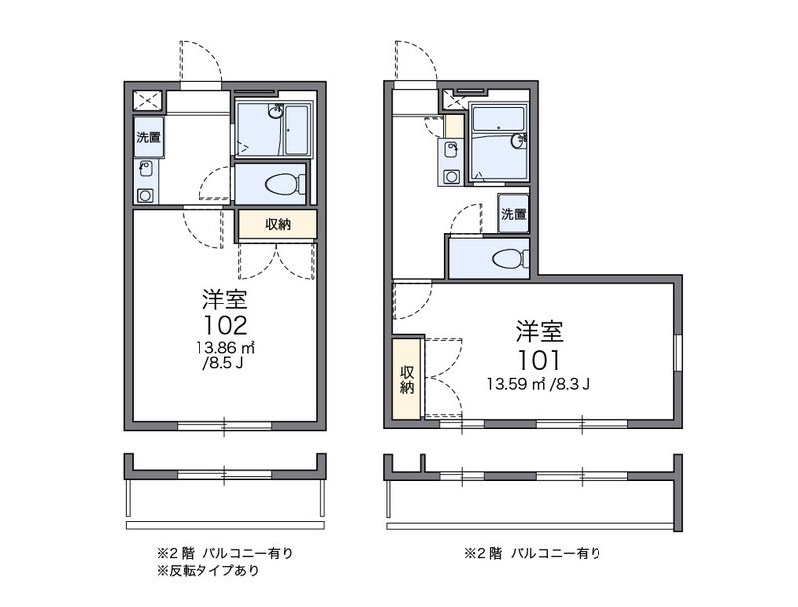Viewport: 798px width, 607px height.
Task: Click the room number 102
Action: (224, 325)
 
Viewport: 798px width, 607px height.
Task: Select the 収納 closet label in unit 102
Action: (278, 224)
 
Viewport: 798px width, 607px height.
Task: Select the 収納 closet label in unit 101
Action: (407, 379)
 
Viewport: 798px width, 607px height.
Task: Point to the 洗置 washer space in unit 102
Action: (149, 137)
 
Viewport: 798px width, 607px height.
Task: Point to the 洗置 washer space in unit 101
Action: (513, 213)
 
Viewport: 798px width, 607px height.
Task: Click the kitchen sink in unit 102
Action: (146, 168)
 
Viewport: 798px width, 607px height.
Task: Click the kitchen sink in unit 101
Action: (453, 151)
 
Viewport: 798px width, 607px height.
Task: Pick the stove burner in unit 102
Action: (146, 195)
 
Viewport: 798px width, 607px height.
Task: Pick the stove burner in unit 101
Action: (453, 178)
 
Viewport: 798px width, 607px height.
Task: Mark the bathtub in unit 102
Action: (296, 129)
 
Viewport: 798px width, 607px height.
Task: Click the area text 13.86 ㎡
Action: (226, 348)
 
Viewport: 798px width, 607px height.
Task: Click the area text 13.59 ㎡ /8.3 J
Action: (539, 383)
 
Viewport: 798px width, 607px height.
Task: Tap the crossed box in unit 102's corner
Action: (149, 99)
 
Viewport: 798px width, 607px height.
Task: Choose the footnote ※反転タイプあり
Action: (207, 571)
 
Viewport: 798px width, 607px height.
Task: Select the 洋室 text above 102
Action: (224, 299)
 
